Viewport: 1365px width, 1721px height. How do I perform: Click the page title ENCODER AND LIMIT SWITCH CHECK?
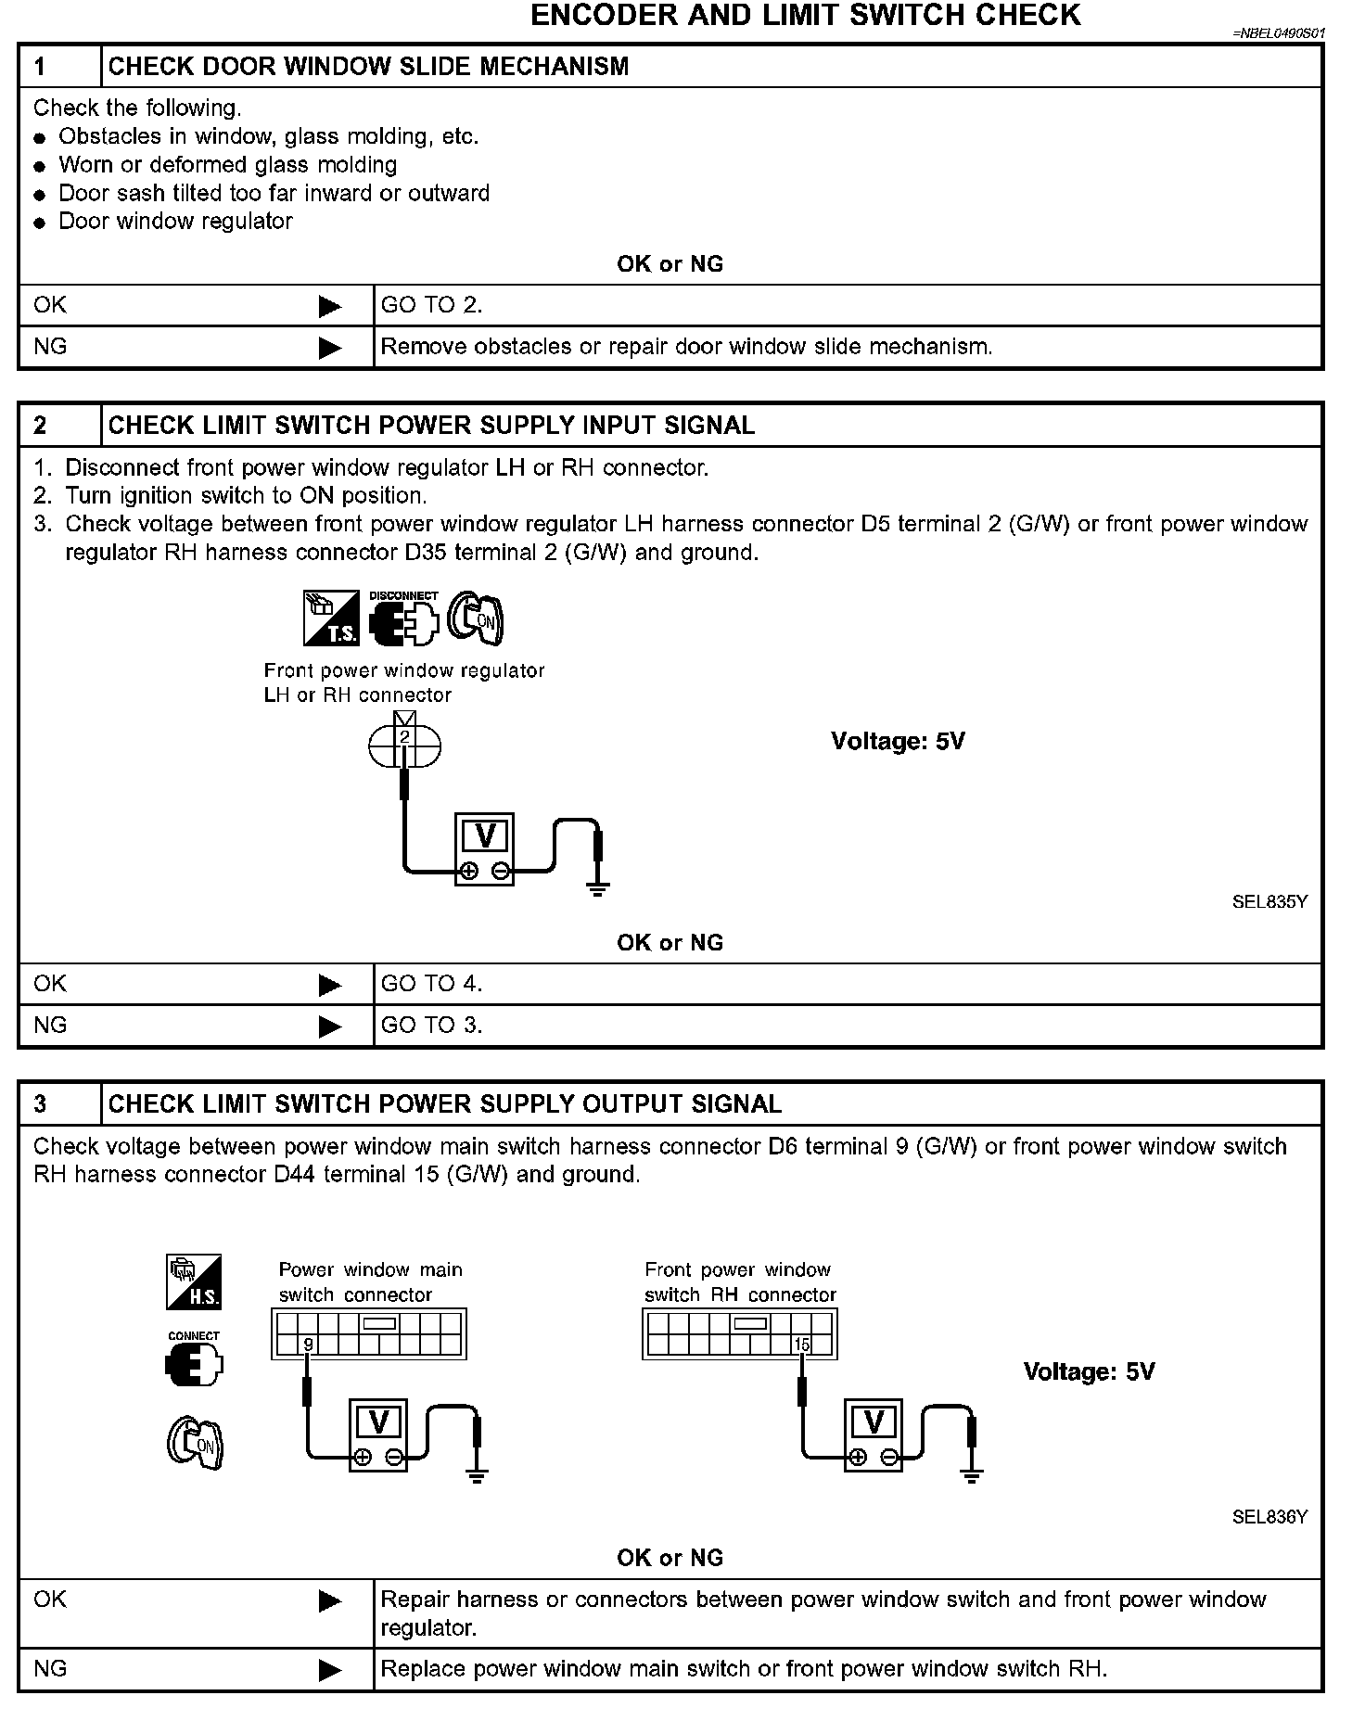805,16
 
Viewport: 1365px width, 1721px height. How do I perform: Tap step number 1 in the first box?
41,67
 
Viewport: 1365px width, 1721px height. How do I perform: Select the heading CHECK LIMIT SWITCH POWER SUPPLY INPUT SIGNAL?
431,426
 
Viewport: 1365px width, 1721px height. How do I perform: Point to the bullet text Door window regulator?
175,222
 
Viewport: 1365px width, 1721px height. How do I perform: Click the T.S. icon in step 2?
331,618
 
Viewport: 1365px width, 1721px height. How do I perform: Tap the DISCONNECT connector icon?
403,618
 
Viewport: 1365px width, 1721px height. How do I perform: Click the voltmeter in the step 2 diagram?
484,849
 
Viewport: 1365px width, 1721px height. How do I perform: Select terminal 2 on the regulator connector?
405,738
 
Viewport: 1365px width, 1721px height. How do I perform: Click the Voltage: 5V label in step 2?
898,741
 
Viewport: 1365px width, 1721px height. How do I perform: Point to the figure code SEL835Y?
1269,901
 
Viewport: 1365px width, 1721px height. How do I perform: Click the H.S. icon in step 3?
194,1281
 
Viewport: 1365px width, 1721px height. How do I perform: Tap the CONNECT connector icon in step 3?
194,1362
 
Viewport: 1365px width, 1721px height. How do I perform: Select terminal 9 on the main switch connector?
308,1345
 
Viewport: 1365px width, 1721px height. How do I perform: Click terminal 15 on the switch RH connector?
802,1345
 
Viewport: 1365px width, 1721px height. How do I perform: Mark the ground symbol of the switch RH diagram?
971,1475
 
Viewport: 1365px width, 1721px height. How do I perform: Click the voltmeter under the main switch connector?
378,1434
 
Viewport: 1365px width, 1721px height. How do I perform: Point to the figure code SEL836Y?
1269,1517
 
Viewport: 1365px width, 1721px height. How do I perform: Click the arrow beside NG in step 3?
329,1670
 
